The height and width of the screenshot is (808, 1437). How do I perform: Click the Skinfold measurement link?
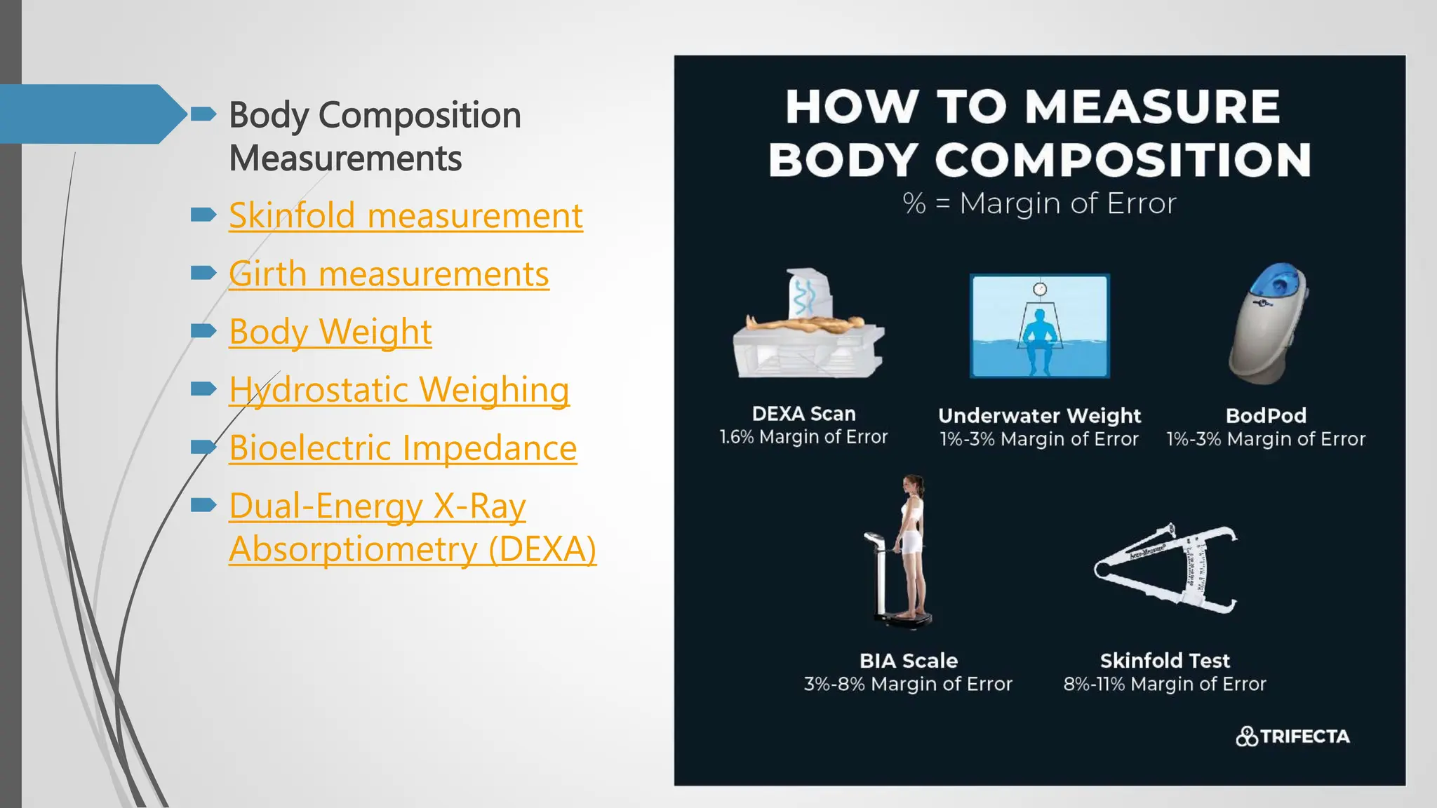[406, 216]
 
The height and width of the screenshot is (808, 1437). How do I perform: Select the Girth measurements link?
[389, 274]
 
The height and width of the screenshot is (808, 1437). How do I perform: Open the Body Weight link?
[330, 332]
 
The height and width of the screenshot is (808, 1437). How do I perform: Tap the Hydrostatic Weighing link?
[399, 391]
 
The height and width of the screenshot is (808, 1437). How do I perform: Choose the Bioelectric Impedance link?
[403, 449]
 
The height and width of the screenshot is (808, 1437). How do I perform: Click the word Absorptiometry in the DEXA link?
[353, 550]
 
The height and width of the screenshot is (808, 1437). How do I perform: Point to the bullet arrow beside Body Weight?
[203, 330]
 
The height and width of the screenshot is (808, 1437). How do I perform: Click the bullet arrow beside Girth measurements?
[203, 272]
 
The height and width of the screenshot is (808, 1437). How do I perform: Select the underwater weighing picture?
[1039, 326]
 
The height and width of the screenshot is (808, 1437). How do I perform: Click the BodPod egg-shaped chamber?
[1269, 323]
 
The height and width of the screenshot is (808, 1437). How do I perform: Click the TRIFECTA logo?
[1292, 736]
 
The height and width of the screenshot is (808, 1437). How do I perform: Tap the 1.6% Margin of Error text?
[803, 438]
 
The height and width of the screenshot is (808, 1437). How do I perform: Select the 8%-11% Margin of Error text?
[1165, 685]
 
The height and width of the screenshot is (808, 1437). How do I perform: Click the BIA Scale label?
[909, 661]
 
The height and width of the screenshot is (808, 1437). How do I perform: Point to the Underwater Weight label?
[1039, 416]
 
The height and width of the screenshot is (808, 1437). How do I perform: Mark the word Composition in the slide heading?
[420, 116]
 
